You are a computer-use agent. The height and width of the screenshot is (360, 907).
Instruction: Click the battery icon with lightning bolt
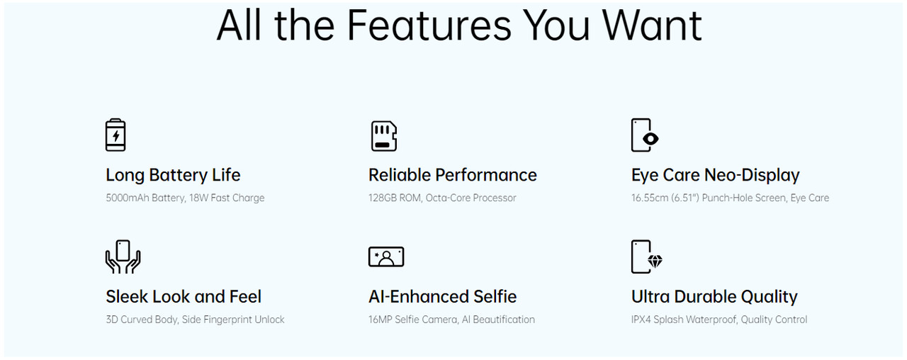pos(116,135)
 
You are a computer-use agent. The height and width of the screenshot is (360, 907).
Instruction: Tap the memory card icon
pos(384,136)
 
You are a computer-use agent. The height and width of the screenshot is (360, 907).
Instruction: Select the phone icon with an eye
pos(645,135)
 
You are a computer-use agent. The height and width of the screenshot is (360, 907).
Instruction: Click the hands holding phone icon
pos(123,257)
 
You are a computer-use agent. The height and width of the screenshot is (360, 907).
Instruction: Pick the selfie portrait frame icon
pos(386,257)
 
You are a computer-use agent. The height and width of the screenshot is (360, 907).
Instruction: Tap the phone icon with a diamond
pos(647,257)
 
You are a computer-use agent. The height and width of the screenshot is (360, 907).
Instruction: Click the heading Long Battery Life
pos(173,175)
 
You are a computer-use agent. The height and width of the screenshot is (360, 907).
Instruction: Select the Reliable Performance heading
pos(452,175)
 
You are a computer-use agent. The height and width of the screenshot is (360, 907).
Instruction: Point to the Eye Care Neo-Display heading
pos(715,175)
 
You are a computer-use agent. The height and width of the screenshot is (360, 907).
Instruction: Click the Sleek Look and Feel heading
pos(184,297)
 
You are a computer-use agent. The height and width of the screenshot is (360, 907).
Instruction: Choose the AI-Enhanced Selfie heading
pos(442,297)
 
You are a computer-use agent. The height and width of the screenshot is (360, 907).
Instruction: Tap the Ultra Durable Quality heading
pos(714,297)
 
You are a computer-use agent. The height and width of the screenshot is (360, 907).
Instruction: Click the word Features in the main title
pos(429,25)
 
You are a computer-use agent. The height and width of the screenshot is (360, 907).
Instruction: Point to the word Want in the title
pos(652,25)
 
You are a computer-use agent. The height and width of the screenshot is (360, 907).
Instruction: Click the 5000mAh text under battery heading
pos(128,198)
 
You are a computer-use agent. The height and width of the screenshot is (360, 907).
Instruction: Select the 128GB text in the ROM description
pos(382,198)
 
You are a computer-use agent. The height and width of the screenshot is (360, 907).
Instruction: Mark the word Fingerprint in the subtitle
pos(227,320)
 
